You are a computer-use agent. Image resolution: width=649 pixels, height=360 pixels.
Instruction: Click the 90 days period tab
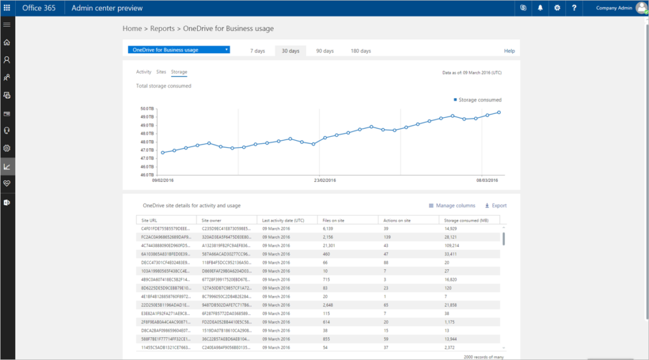click(x=324, y=51)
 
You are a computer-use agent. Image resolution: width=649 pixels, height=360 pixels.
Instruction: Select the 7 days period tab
click(x=257, y=51)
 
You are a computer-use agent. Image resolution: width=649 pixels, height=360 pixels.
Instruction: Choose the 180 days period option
click(x=361, y=51)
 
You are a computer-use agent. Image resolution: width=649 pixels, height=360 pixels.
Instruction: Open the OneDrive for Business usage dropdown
click(x=178, y=50)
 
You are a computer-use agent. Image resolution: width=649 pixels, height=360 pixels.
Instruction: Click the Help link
click(x=509, y=51)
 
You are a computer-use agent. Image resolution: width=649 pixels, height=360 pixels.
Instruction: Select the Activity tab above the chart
click(x=144, y=72)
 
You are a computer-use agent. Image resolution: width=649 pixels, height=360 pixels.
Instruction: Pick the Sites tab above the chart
click(x=161, y=72)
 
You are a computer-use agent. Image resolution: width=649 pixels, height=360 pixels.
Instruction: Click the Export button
click(x=496, y=205)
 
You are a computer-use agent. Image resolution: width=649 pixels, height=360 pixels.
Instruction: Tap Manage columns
click(x=452, y=205)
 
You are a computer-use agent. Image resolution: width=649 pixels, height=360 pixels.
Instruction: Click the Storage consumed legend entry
click(x=478, y=100)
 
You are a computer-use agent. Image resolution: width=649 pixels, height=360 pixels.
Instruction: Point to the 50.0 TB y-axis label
click(x=146, y=109)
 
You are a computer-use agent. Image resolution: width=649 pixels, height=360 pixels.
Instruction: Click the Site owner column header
click(x=212, y=219)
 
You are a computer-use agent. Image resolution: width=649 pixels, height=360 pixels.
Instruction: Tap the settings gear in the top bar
click(x=557, y=8)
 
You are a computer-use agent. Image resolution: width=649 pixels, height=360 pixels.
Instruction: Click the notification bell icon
click(x=541, y=8)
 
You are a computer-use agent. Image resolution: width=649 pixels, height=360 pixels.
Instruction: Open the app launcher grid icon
click(x=8, y=8)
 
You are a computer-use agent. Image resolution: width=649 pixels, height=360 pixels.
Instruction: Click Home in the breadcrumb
click(x=132, y=29)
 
